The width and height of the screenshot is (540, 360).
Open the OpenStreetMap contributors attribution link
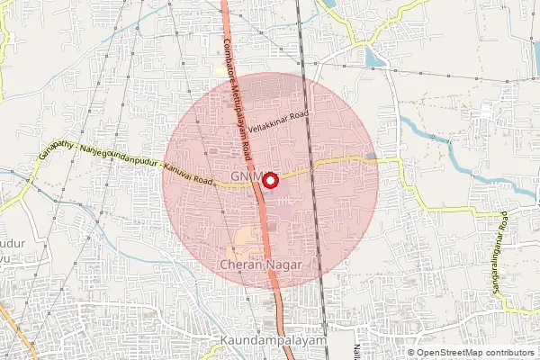pos(476,352)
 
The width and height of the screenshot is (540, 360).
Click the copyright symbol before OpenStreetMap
pos(410,352)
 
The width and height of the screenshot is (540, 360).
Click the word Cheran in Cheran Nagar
pos(238,265)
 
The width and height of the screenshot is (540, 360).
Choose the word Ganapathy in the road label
pos(57,149)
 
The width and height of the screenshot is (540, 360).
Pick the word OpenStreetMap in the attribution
pos(447,352)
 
